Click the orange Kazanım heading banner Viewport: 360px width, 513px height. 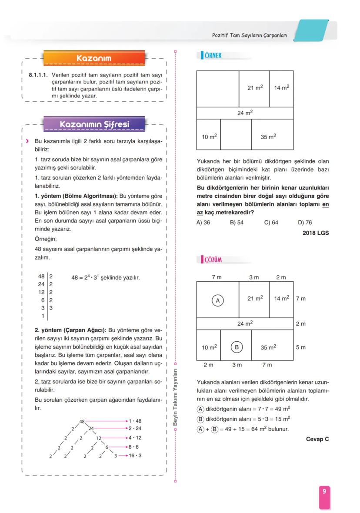tap(94, 58)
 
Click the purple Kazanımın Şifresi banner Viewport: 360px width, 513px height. tap(94, 124)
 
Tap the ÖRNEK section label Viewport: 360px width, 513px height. tap(213, 56)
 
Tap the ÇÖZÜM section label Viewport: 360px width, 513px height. tap(213, 260)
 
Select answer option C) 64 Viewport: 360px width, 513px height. tap(271, 222)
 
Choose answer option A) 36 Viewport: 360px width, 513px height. tap(203, 222)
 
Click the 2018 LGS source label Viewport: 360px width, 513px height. tap(316, 233)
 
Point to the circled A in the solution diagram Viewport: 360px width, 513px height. tap(218, 300)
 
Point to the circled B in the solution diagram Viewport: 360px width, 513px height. tap(237, 347)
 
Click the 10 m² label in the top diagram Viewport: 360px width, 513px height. tap(209, 137)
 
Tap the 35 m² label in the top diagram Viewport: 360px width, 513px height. tap(268, 137)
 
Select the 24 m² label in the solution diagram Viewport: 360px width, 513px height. tap(245, 323)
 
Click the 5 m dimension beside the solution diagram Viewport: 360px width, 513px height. tap(300, 347)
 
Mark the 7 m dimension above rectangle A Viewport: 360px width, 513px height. tap(217, 277)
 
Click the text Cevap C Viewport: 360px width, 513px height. tap(317, 439)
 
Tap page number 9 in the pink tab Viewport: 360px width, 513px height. tap(324, 491)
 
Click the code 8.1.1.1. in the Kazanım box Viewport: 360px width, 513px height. tap(38, 75)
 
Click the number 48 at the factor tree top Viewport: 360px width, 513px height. tap(82, 421)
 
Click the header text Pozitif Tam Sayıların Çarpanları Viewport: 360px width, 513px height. tap(250, 35)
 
